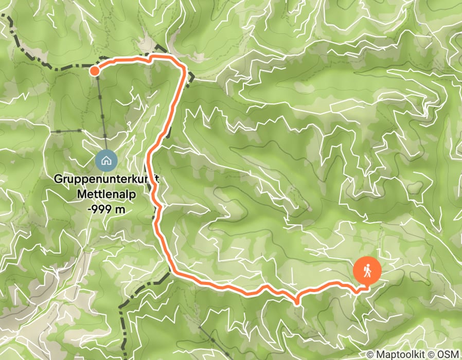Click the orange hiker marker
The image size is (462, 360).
pyautogui.click(x=367, y=270)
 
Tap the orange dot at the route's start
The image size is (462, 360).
pyautogui.click(x=95, y=70)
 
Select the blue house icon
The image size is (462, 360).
pyautogui.click(x=106, y=160)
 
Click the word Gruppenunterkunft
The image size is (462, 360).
pyautogui.click(x=106, y=181)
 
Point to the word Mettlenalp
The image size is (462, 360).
pyautogui.click(x=105, y=195)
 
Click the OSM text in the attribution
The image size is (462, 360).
pyautogui.click(x=449, y=354)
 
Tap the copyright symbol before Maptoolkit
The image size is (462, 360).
pyautogui.click(x=371, y=354)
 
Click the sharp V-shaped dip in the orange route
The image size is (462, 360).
pyautogui.click(x=297, y=301)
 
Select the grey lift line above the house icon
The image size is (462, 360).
pyautogui.click(x=101, y=113)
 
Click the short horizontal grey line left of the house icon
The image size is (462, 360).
pyautogui.click(x=67, y=132)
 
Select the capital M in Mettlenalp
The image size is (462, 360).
pyautogui.click(x=81, y=195)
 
